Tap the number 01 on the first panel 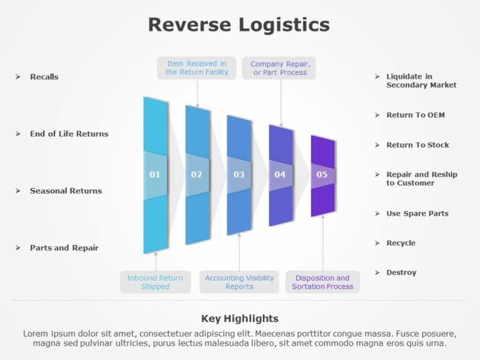point(154,174)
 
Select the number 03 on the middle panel point(239,174)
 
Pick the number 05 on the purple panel point(322,174)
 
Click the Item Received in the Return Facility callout point(197,67)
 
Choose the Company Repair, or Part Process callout point(280,68)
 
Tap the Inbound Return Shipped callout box point(155,282)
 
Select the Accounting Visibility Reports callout point(239,282)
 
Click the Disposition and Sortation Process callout point(322,282)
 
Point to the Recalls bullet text point(44,77)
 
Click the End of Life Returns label point(69,134)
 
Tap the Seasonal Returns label point(66,191)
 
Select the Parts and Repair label point(64,247)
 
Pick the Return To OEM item point(416,115)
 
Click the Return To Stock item point(417,145)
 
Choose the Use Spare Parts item point(417,214)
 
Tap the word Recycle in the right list point(401,243)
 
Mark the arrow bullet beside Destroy point(377,272)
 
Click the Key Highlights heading point(240,318)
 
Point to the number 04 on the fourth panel point(280,174)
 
